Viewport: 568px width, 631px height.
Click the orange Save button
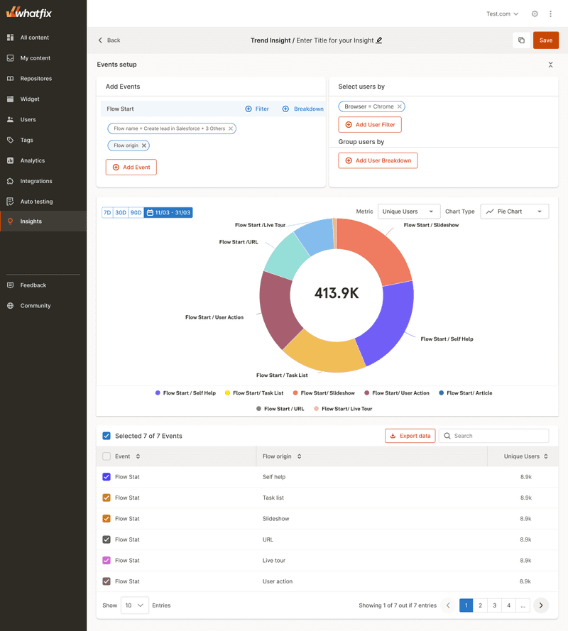[545, 40]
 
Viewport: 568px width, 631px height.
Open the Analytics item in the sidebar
[32, 160]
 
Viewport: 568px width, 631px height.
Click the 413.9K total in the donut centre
[337, 292]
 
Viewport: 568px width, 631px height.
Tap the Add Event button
[131, 168]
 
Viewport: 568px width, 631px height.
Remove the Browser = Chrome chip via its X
[400, 106]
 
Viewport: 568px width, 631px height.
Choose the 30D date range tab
[121, 212]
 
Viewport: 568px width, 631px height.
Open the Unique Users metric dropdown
[409, 212]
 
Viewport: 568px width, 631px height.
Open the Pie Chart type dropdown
[514, 212]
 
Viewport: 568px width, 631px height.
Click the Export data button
[410, 436]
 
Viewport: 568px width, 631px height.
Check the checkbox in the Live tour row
[106, 561]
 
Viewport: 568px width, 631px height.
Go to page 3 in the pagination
[495, 605]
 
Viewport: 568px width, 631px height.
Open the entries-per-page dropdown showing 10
[134, 605]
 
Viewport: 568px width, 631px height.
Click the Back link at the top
[109, 40]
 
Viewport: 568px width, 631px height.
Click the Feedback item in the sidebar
[33, 285]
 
